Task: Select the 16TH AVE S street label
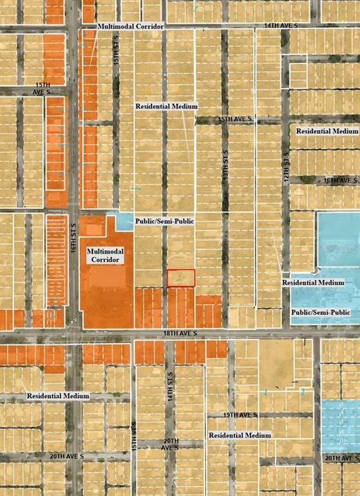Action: pyautogui.click(x=341, y=180)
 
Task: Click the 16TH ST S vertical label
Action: pyautogui.click(x=74, y=238)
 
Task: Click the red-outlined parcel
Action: pyautogui.click(x=181, y=278)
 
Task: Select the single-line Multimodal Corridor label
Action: pyautogui.click(x=130, y=26)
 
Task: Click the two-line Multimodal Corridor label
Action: pyautogui.click(x=105, y=257)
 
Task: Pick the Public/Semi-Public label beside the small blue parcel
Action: pyautogui.click(x=165, y=221)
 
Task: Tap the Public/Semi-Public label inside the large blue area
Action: pyautogui.click(x=321, y=312)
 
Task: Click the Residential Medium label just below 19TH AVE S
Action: pyautogui.click(x=240, y=435)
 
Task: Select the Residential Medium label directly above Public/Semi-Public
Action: pyautogui.click(x=313, y=282)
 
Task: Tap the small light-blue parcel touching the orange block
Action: pyautogui.click(x=123, y=221)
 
